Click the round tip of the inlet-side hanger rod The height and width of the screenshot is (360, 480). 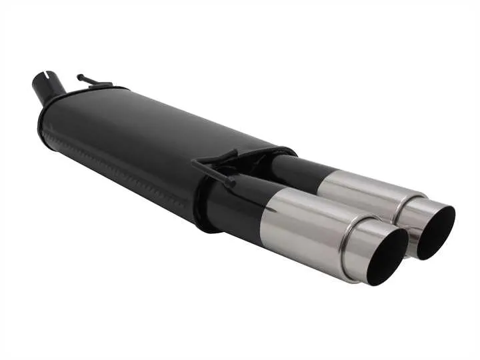pos(79,77)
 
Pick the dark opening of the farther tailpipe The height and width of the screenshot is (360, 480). pos(437,230)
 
